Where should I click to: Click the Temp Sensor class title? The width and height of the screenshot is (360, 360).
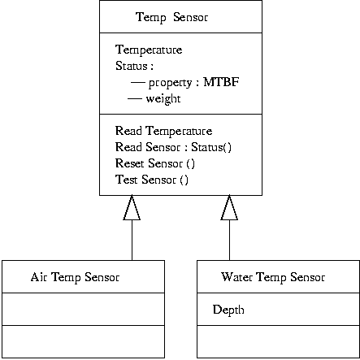[180, 16]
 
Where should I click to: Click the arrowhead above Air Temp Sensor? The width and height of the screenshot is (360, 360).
[132, 210]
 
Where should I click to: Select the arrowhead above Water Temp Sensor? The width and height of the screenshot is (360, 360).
[229, 210]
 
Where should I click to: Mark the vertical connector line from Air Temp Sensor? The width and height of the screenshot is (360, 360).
[132, 241]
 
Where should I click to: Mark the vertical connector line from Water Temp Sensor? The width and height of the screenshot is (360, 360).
[229, 241]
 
